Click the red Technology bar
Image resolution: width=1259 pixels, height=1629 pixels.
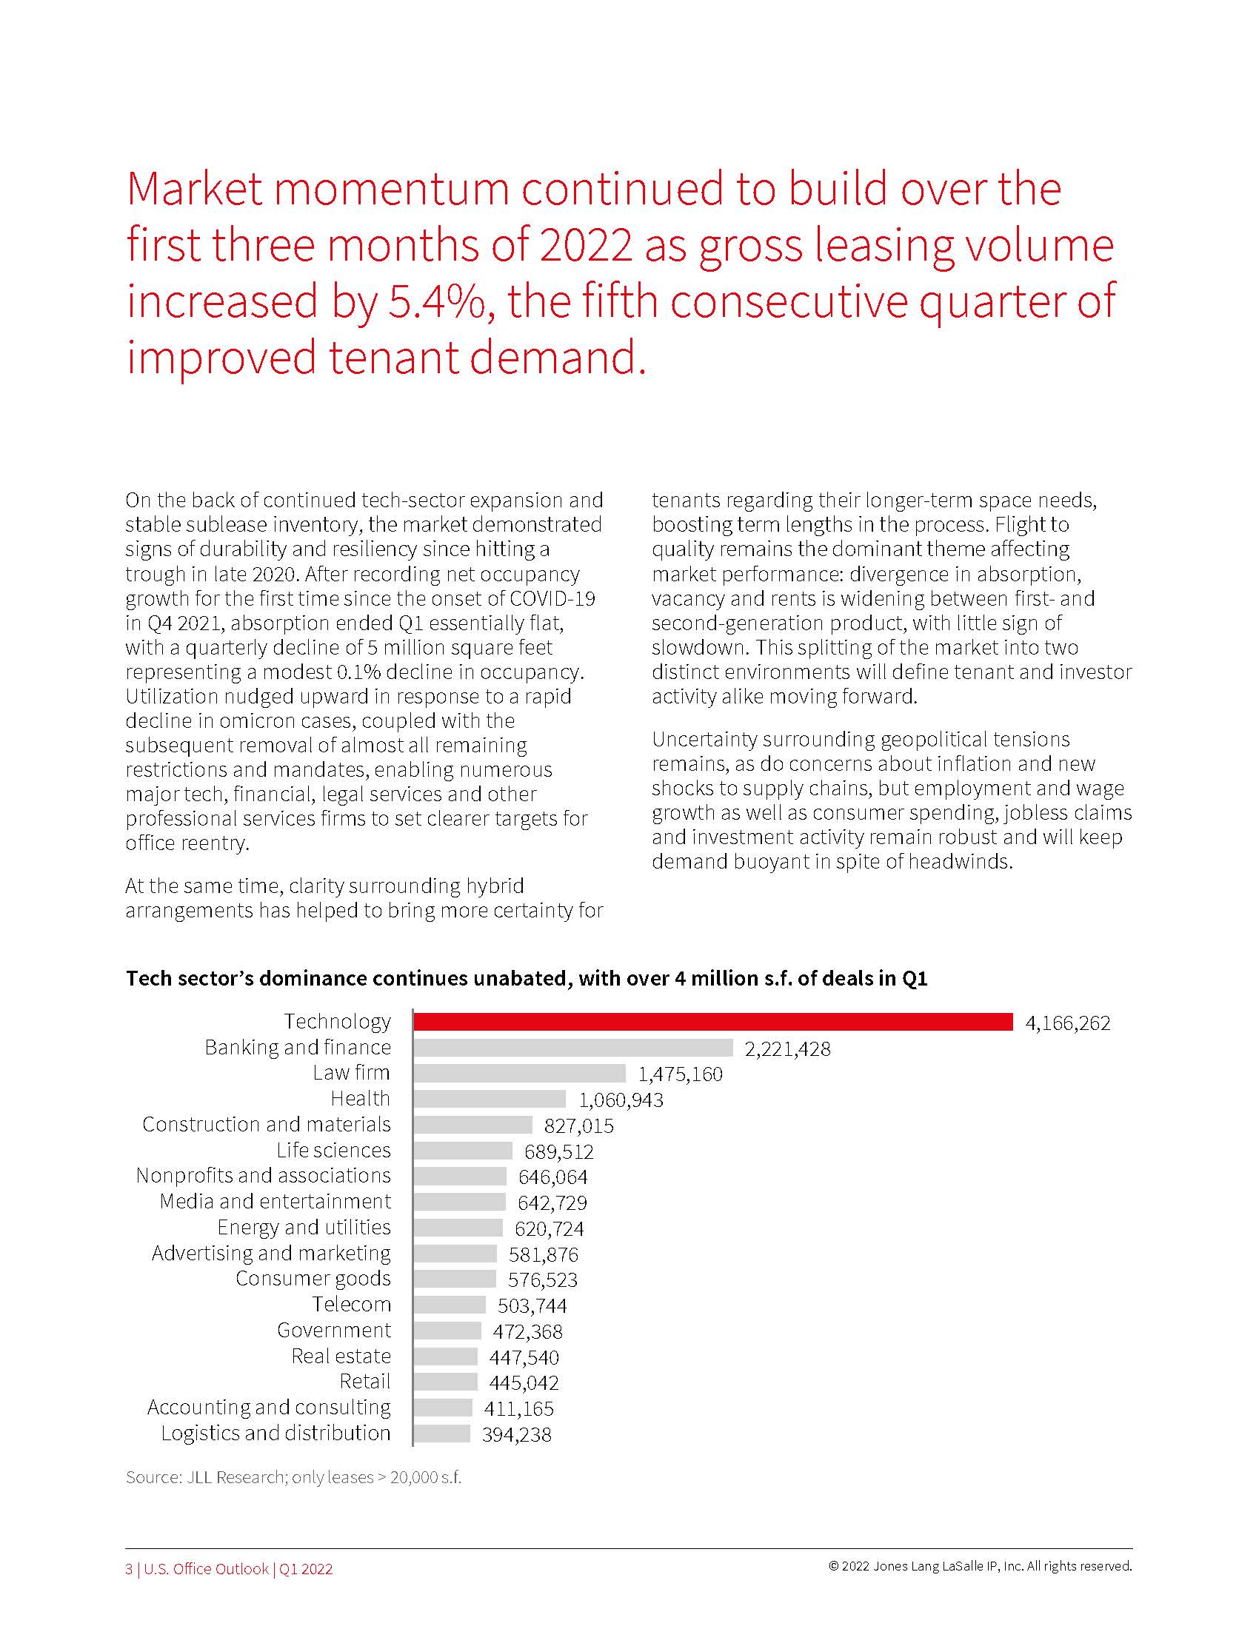pyautogui.click(x=712, y=1022)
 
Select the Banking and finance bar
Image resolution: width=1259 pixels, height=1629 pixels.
pyautogui.click(x=572, y=1048)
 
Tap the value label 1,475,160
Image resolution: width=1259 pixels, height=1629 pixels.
pyautogui.click(x=680, y=1074)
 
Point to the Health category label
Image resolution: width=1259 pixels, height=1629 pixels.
pyautogui.click(x=360, y=1099)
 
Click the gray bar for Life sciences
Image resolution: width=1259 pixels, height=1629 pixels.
pyautogui.click(x=463, y=1151)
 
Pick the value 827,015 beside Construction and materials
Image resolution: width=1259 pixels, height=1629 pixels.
pyautogui.click(x=579, y=1125)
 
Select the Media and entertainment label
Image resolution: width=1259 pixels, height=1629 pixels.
pyautogui.click(x=275, y=1202)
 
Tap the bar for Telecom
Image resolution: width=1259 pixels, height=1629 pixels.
pyautogui.click(x=449, y=1305)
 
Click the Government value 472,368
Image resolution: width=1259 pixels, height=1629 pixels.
pyautogui.click(x=527, y=1331)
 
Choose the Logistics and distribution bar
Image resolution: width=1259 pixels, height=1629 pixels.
pyautogui.click(x=441, y=1434)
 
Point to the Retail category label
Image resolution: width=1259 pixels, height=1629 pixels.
pyautogui.click(x=364, y=1382)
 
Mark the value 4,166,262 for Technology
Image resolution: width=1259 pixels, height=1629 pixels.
pyautogui.click(x=1067, y=1023)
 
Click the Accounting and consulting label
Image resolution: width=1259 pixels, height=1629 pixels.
pyautogui.click(x=269, y=1408)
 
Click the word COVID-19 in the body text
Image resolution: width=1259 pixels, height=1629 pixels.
pyautogui.click(x=552, y=598)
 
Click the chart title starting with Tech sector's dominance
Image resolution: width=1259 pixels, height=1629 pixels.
pyautogui.click(x=526, y=979)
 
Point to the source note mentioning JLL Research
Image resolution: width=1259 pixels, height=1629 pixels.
pyautogui.click(x=293, y=1478)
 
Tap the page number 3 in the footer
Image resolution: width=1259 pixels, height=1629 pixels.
pyautogui.click(x=129, y=1569)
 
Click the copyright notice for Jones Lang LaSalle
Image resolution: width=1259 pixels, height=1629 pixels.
pyautogui.click(x=979, y=1566)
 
